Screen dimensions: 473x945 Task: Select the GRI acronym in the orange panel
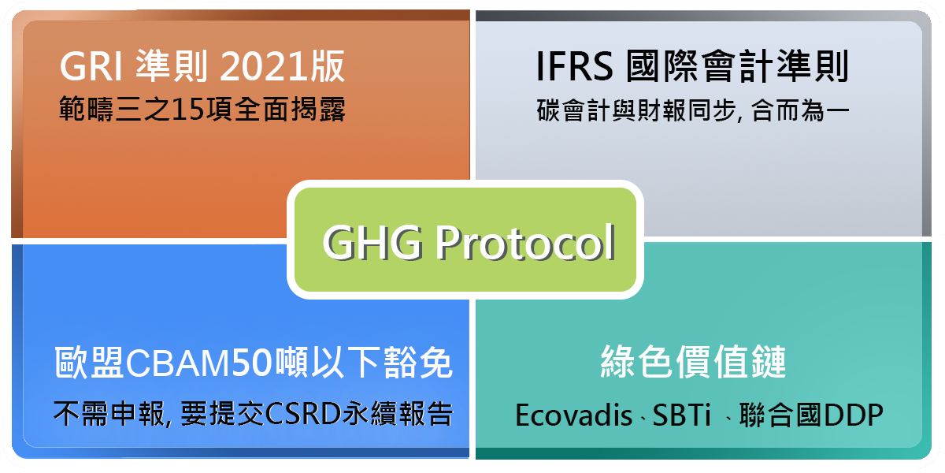click(x=90, y=69)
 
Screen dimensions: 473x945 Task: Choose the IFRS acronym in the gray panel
click(x=574, y=69)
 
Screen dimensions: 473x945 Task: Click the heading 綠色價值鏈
click(x=694, y=363)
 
